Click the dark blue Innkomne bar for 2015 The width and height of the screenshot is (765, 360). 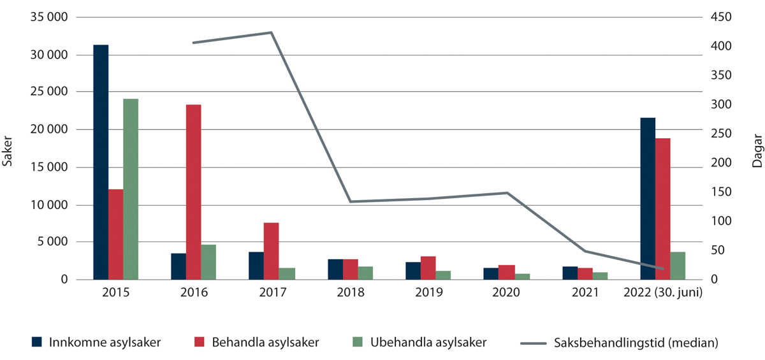pos(101,162)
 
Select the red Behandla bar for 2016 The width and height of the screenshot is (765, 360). pos(194,192)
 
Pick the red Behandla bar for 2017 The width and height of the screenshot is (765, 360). pos(272,251)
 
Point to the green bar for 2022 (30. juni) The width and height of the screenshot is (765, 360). pos(678,266)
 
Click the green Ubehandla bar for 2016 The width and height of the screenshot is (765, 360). pos(208,262)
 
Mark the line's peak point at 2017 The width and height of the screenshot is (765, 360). pos(272,32)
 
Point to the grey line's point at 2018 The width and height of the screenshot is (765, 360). pos(350,201)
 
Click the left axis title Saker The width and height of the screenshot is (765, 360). pos(8,154)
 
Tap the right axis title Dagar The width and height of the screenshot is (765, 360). pos(757,154)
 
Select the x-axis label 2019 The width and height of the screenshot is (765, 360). pos(428,293)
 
